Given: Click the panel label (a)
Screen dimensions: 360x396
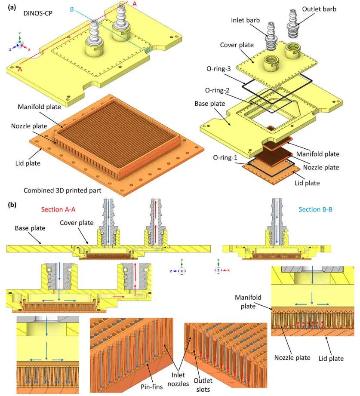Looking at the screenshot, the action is [x=12, y=7].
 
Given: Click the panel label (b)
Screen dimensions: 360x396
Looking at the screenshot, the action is [x=12, y=205].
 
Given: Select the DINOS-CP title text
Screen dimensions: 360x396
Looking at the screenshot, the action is [x=38, y=13].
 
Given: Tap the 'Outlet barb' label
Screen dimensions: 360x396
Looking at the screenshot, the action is [x=319, y=9].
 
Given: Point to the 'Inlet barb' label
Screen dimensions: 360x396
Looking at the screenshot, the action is [x=245, y=20].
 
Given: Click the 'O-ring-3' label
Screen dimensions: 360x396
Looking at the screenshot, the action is [x=218, y=69].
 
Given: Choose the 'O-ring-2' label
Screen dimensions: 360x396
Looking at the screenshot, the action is [x=217, y=90].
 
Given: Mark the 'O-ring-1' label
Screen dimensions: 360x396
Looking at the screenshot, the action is [x=225, y=158].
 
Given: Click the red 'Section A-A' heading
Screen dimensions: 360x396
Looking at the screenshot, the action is [x=58, y=209].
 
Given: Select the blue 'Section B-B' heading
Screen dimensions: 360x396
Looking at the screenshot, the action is [x=316, y=209].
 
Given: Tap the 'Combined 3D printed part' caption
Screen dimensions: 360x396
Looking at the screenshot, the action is [x=62, y=190].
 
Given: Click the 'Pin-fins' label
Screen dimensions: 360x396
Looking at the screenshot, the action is [x=151, y=387].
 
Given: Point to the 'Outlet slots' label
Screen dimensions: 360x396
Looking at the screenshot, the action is [x=203, y=385].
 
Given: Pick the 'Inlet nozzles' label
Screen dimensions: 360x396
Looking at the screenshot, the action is [x=178, y=379].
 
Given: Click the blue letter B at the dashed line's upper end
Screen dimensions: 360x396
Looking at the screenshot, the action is [x=72, y=9].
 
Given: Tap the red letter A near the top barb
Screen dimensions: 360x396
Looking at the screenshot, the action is [x=135, y=4].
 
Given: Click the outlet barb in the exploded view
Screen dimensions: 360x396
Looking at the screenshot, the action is [x=292, y=24].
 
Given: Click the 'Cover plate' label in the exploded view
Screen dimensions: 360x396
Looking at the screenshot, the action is [x=237, y=45].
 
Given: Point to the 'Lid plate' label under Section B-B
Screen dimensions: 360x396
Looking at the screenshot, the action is [x=331, y=358].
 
